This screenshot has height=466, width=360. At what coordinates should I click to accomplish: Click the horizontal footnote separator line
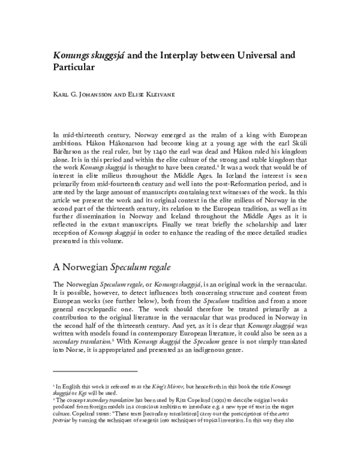(95, 372)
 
